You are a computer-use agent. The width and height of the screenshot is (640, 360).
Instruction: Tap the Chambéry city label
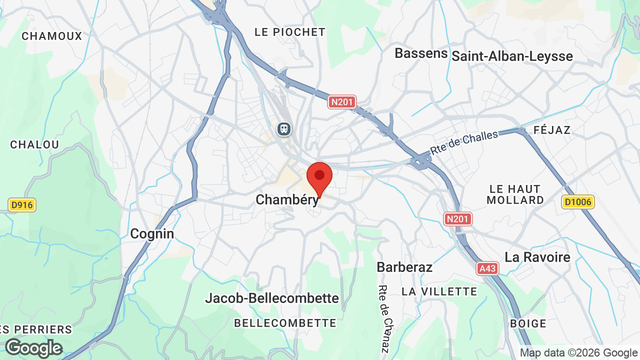tap(286, 200)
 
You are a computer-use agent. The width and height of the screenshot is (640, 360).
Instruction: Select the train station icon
tap(284, 129)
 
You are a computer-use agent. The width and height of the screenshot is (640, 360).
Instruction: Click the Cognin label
tap(152, 233)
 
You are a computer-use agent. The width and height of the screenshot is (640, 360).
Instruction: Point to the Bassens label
tap(421, 53)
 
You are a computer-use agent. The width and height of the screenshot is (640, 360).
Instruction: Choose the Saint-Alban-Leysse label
tap(512, 56)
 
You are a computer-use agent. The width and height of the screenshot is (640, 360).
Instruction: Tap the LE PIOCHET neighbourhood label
tap(290, 32)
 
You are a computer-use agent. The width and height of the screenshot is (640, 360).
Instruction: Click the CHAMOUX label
tap(52, 36)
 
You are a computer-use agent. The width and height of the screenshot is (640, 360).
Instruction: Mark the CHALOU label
tap(35, 144)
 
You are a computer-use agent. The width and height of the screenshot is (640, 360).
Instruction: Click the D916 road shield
tap(22, 204)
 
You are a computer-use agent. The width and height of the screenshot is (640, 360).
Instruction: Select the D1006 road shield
tap(577, 202)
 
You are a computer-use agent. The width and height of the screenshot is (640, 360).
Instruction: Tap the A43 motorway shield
tap(487, 268)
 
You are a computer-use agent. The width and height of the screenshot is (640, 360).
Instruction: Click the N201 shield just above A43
tap(457, 218)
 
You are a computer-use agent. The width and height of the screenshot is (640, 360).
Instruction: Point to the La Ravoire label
tap(537, 257)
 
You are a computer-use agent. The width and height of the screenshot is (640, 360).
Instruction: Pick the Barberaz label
tap(404, 267)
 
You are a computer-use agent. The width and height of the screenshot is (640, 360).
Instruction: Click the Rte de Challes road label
tap(464, 142)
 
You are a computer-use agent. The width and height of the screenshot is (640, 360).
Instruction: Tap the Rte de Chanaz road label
tap(383, 318)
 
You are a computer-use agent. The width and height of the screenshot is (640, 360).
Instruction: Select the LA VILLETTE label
tap(439, 291)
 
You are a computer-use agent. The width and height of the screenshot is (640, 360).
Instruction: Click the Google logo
tap(34, 348)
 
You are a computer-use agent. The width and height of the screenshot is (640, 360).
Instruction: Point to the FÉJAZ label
tap(552, 130)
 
